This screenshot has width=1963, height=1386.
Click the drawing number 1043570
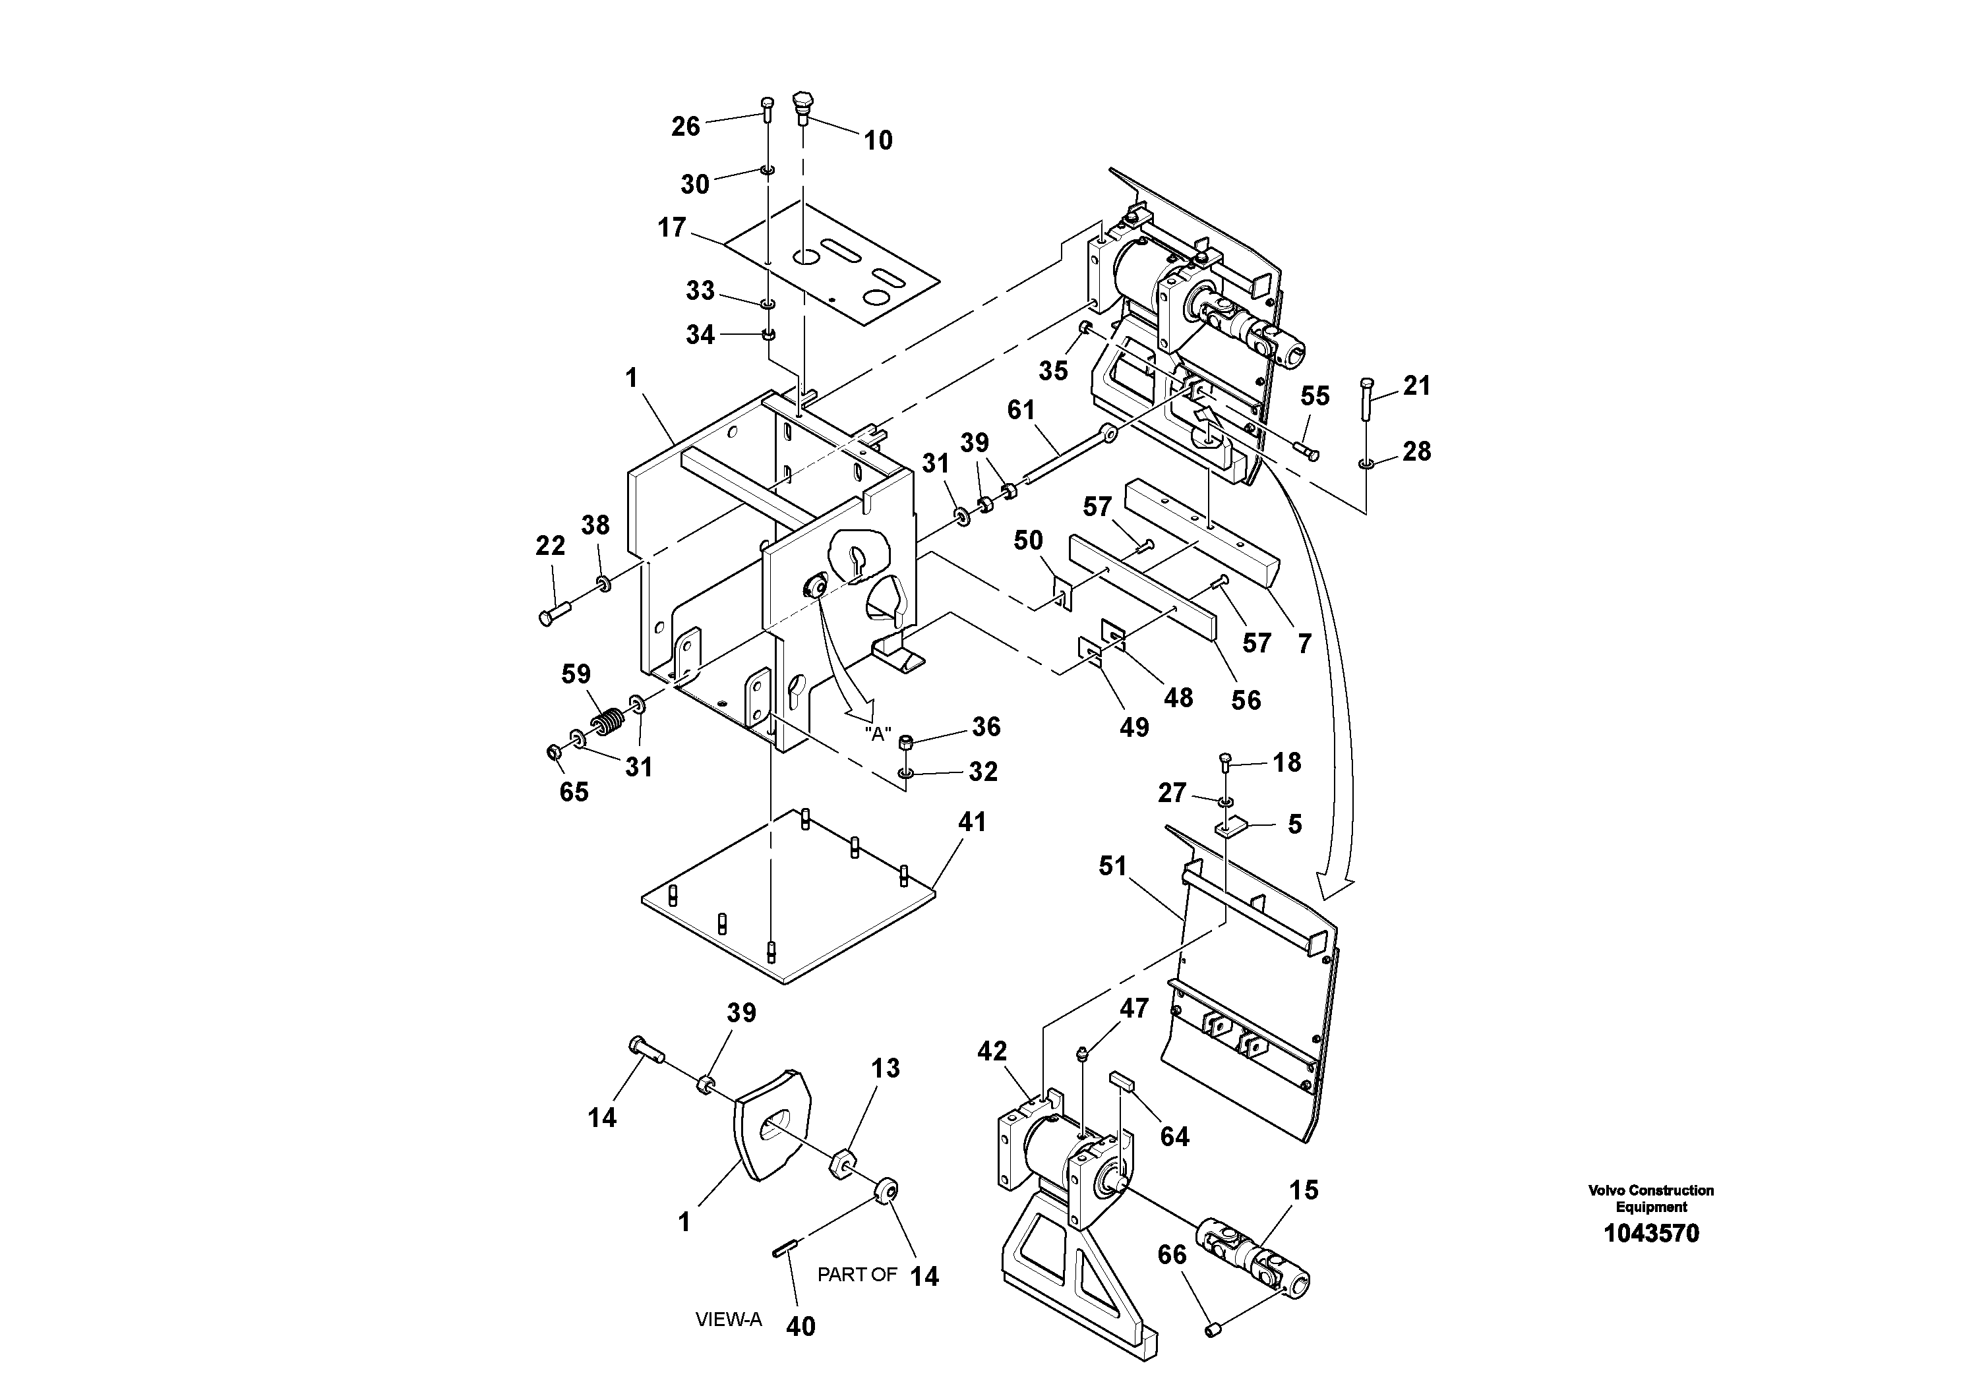[x=1651, y=1233]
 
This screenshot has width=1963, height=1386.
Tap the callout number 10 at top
[x=878, y=140]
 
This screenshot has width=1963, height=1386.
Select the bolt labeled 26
[x=767, y=111]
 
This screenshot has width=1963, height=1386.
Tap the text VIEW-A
[x=727, y=1319]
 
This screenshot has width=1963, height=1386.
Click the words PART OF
[x=857, y=1274]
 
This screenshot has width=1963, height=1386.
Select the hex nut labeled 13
[x=843, y=1163]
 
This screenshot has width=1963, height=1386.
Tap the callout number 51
[x=1112, y=867]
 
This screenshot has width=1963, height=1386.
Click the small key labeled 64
[x=1121, y=1080]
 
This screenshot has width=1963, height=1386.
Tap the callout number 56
[x=1246, y=700]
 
